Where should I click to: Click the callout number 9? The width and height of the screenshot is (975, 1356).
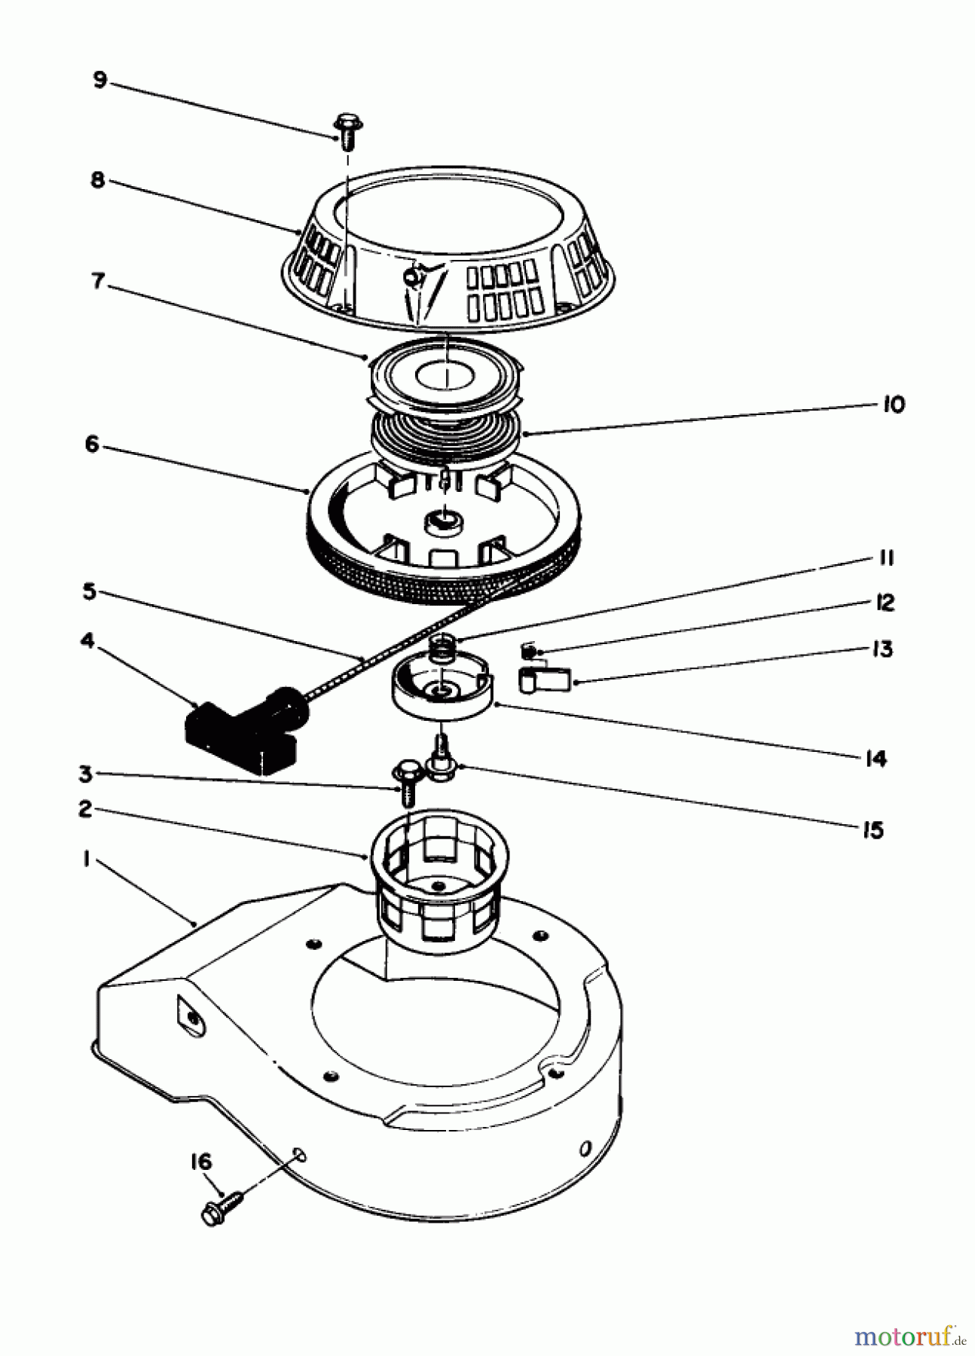(x=99, y=79)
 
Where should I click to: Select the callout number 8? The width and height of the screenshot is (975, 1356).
(x=97, y=181)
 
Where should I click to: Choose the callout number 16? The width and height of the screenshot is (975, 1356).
(x=200, y=1162)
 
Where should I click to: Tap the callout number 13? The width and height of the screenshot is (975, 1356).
(x=882, y=649)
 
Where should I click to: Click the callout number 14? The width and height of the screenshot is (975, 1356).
(x=876, y=759)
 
